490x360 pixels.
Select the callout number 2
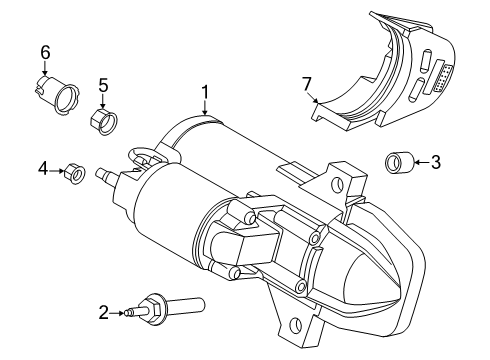132,313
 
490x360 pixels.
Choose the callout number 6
44,52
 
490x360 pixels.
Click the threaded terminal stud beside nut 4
101,176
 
